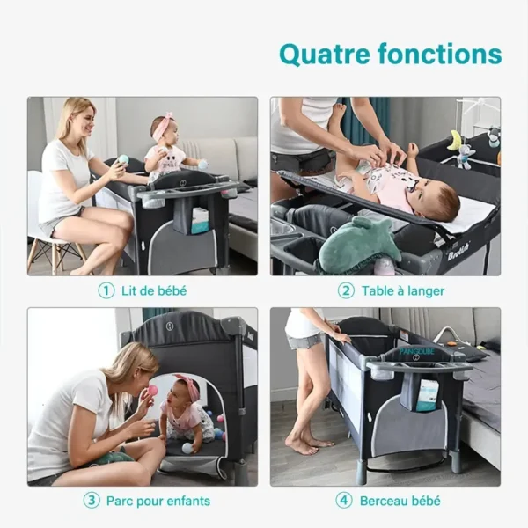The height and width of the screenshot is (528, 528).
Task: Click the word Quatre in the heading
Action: pos(325,55)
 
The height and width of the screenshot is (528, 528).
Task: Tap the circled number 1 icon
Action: pos(106,290)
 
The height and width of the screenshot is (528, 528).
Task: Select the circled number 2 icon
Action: pos(346,290)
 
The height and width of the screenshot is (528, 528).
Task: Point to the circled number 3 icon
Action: pos(92,501)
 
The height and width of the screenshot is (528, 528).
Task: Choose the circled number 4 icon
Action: pos(344,501)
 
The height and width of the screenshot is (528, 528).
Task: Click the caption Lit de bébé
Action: pos(154,291)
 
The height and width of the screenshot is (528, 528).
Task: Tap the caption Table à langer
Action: pos(403,291)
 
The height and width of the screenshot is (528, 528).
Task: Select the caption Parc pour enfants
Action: pos(158,501)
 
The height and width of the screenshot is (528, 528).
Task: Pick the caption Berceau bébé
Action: pos(400,501)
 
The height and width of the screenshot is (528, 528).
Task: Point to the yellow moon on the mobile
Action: pos(453,141)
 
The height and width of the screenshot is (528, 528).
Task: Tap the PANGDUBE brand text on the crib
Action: pos(417,351)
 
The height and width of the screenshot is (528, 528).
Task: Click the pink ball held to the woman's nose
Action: pos(151,392)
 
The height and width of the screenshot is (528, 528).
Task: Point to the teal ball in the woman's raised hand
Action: pos(123,160)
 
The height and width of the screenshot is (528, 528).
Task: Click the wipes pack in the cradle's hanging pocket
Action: pos(425,395)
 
